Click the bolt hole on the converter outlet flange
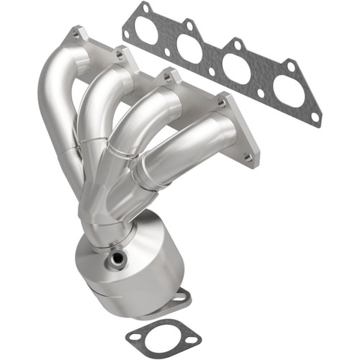tap(182, 295)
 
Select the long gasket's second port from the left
tap(189, 49)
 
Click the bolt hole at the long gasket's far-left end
tap(127, 32)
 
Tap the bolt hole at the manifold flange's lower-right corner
tap(248, 156)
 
